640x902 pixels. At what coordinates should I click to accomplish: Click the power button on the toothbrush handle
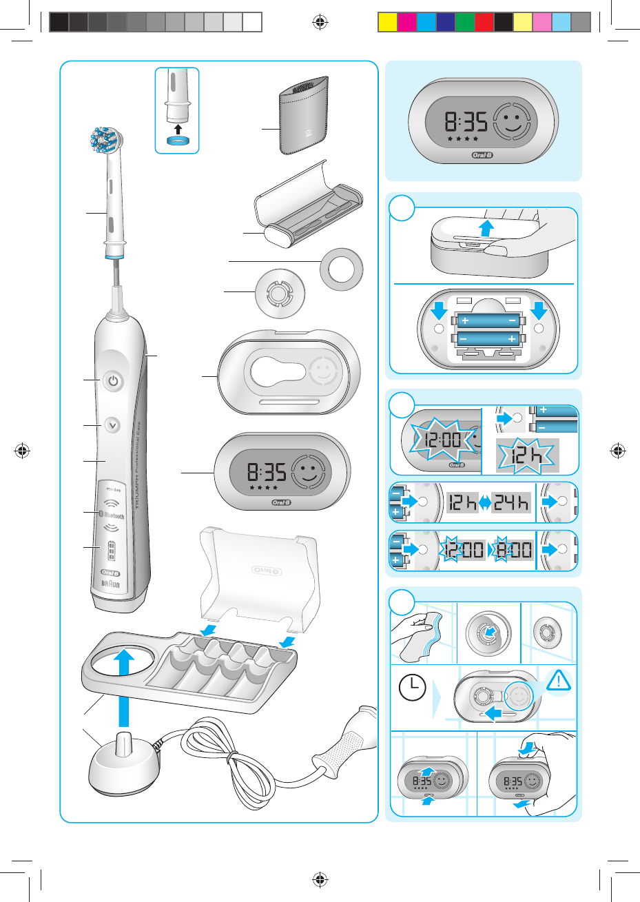coord(114,381)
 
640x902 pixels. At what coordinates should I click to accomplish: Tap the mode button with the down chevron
coord(113,425)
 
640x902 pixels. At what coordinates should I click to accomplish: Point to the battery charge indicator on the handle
coord(111,553)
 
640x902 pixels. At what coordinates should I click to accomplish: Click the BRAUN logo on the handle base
coord(110,584)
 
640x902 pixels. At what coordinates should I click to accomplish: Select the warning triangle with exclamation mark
coord(559,681)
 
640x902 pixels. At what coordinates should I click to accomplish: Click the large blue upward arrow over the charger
coord(125,685)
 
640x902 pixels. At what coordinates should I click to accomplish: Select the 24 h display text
coord(513,504)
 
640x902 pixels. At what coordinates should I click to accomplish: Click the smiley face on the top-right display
coord(510,123)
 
